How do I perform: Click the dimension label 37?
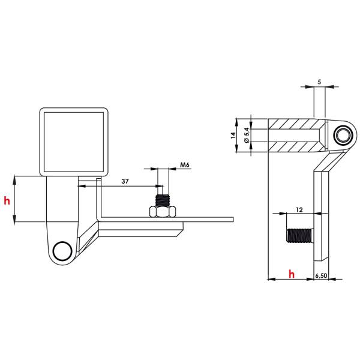125,181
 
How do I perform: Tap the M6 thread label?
185,165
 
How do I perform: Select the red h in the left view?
7,200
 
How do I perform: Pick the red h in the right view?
292,274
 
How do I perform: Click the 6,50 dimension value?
321,275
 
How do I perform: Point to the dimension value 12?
299,209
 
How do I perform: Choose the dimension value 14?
233,135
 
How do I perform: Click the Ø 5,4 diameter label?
247,136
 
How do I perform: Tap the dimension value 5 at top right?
319,82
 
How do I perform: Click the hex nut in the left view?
163,211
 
